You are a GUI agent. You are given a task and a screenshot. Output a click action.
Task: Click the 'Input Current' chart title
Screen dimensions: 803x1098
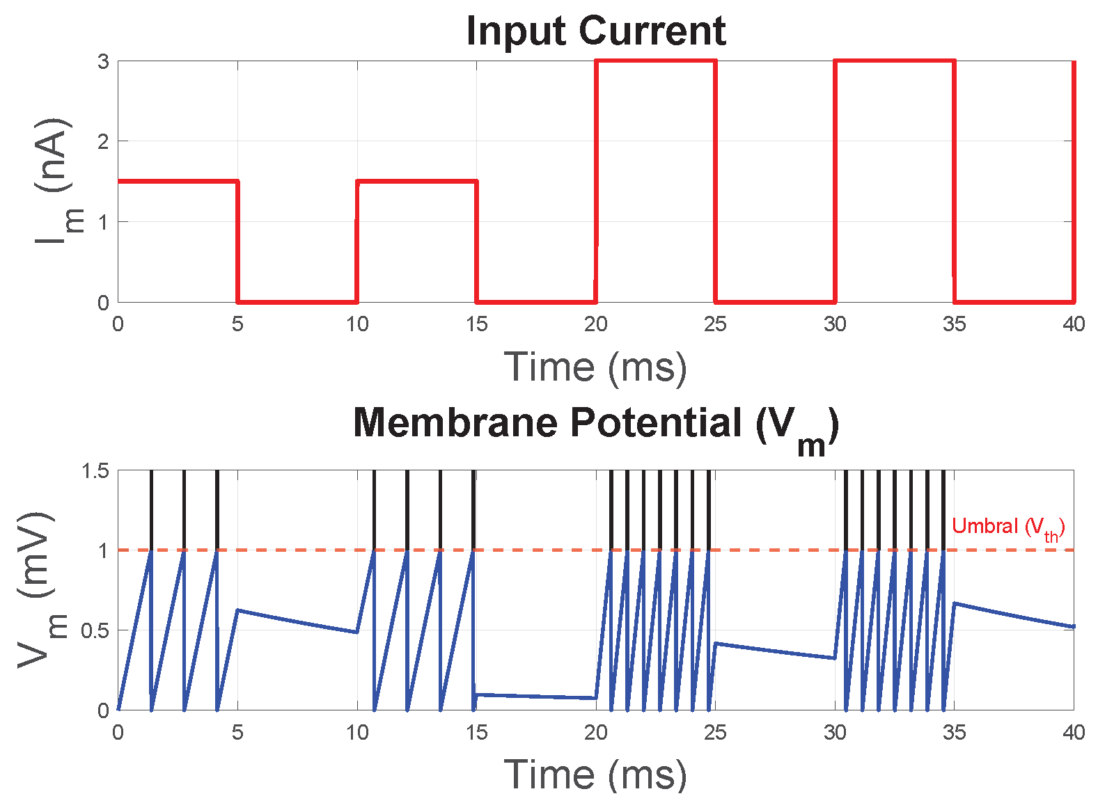(595, 31)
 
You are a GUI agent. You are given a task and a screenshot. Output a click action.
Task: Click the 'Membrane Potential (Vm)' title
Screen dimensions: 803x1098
(595, 424)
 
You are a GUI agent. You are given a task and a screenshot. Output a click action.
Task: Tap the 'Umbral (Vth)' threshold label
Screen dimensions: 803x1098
(1007, 527)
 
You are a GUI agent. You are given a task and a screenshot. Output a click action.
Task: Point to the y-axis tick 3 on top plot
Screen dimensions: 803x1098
(103, 62)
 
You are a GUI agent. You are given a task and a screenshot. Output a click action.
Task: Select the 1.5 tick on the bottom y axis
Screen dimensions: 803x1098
(95, 471)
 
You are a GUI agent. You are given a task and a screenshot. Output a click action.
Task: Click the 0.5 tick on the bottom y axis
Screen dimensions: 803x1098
(95, 631)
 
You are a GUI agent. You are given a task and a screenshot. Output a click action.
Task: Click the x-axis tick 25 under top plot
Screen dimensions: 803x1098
(715, 324)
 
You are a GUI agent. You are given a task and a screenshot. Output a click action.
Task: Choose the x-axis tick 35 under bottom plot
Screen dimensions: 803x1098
(954, 733)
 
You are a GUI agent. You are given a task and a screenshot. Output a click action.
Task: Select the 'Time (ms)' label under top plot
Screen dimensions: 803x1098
(595, 367)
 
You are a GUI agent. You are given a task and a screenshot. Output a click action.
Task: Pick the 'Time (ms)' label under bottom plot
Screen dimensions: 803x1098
(595, 774)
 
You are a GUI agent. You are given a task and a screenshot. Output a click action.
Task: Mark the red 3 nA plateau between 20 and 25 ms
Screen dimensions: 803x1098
(655, 61)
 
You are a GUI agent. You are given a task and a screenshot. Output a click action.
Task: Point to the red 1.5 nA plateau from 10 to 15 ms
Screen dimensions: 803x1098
(416, 182)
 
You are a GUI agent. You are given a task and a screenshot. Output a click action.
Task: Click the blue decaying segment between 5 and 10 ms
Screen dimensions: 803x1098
(297, 621)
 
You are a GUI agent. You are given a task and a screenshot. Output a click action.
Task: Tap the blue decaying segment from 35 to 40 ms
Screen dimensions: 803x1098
(1014, 615)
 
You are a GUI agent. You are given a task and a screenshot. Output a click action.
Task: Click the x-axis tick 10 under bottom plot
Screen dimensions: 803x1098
(357, 733)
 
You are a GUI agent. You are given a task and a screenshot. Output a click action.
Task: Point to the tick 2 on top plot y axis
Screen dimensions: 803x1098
(103, 142)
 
